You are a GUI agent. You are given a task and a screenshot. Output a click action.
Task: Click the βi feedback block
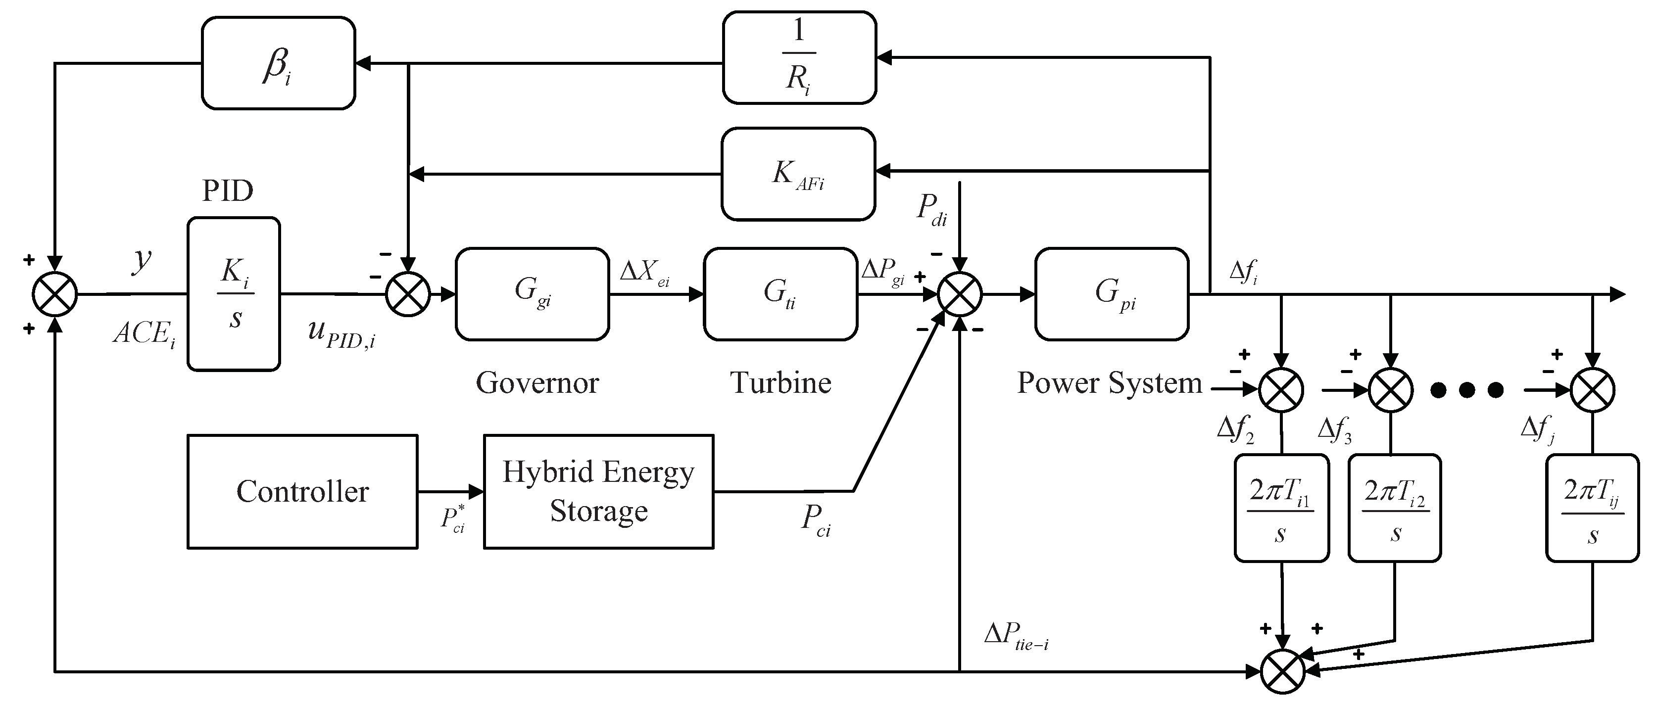click(278, 63)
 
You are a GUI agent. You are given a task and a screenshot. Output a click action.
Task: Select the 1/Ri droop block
click(799, 58)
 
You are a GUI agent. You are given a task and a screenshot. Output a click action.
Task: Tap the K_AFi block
click(798, 174)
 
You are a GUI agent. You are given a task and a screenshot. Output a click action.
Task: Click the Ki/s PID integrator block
click(234, 294)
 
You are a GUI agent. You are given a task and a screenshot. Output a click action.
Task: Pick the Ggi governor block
click(533, 294)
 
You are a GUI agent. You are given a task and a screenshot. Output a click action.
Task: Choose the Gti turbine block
click(780, 294)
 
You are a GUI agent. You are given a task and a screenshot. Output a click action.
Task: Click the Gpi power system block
click(1112, 294)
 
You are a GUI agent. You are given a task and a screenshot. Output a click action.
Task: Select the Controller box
click(302, 492)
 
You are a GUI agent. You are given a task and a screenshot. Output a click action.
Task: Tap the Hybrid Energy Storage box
click(598, 492)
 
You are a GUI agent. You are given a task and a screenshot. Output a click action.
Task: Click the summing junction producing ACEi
click(54, 294)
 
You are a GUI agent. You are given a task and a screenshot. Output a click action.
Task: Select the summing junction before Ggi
click(408, 294)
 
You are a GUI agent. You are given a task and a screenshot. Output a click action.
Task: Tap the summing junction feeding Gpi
click(959, 294)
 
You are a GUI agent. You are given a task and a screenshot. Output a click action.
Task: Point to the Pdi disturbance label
click(931, 209)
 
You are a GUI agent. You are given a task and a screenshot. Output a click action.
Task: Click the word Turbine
click(780, 383)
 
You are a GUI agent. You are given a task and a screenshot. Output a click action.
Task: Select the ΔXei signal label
click(644, 273)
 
